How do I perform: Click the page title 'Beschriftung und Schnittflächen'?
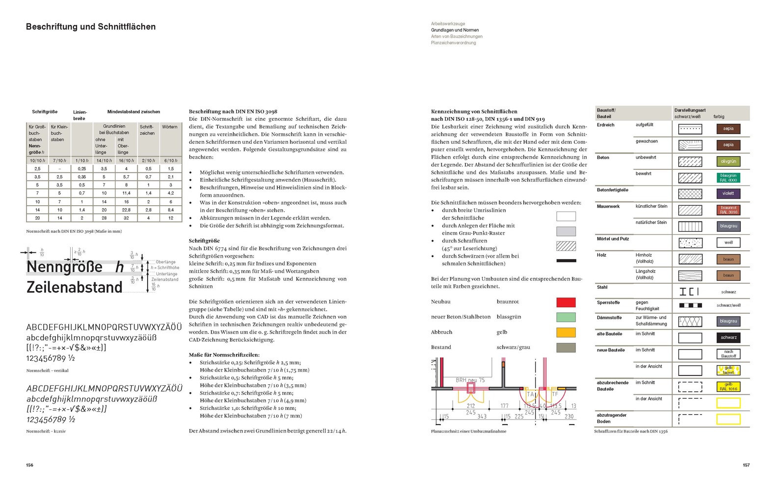tap(91, 27)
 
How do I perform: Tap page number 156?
tap(30, 465)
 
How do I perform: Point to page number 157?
tap(746, 465)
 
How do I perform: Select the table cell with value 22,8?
tap(126, 210)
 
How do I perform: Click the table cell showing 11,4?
tap(126, 193)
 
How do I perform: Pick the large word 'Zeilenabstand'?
tap(74, 287)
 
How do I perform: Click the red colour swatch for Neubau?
tap(566, 302)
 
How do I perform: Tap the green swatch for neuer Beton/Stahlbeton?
tap(566, 318)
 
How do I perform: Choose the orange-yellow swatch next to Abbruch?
tap(566, 333)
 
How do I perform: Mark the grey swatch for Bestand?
tap(566, 348)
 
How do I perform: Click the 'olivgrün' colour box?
tap(728, 161)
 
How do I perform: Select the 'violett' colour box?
tap(728, 193)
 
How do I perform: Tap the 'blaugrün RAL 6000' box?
tap(728, 178)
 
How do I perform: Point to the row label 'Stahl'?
tap(602, 287)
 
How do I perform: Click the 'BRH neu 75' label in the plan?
tap(470, 380)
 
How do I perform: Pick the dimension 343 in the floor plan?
tap(482, 416)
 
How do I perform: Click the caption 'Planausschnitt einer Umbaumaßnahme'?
tap(468, 431)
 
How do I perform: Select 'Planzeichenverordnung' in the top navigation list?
tap(453, 43)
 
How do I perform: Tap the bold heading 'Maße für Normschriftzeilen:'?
tap(224, 354)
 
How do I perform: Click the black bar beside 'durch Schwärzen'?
tap(566, 261)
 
